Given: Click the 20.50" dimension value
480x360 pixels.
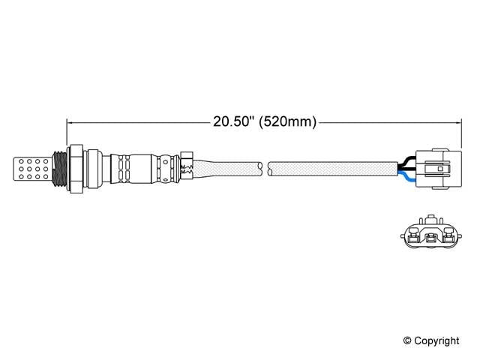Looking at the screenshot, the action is click(233, 121).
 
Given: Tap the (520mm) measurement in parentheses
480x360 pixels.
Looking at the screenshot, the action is click(287, 121).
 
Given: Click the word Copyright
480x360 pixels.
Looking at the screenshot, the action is click(436, 341).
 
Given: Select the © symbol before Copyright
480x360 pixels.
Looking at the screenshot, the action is click(407, 340).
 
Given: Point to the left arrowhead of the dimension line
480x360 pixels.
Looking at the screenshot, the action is click(69, 123).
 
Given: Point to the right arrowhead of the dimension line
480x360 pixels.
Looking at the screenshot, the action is click(458, 123).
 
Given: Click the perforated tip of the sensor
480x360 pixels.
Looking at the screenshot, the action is click(32, 169).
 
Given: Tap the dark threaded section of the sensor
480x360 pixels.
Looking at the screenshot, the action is click(59, 169).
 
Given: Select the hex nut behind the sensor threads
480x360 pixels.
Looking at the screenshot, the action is click(75, 169).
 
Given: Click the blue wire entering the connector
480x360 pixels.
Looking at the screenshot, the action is click(406, 177).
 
